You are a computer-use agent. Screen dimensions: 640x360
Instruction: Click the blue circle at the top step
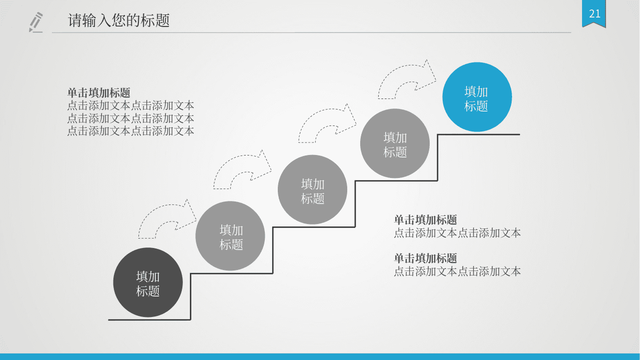click(x=477, y=97)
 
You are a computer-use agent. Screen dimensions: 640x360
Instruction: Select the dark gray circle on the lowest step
click(x=148, y=282)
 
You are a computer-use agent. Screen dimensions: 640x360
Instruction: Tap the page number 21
click(x=595, y=13)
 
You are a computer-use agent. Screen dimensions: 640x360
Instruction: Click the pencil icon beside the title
click(x=36, y=22)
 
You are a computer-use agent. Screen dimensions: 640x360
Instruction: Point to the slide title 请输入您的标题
click(x=118, y=20)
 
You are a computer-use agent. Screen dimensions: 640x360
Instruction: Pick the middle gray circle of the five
click(x=312, y=189)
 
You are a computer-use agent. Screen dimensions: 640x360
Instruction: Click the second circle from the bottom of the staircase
click(x=230, y=236)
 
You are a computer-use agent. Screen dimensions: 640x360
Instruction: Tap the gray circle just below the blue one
click(x=395, y=143)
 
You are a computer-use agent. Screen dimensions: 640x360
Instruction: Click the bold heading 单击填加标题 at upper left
click(x=99, y=92)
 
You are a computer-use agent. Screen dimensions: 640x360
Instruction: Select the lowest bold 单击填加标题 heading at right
click(x=426, y=258)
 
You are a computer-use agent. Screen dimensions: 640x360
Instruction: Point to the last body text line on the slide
click(x=457, y=271)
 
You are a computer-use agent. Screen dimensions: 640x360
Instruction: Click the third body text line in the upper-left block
click(x=130, y=131)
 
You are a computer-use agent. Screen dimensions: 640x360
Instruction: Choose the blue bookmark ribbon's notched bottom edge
click(x=594, y=25)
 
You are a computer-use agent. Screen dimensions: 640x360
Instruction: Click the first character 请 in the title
click(x=75, y=20)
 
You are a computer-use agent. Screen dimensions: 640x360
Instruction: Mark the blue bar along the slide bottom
click(x=320, y=356)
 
